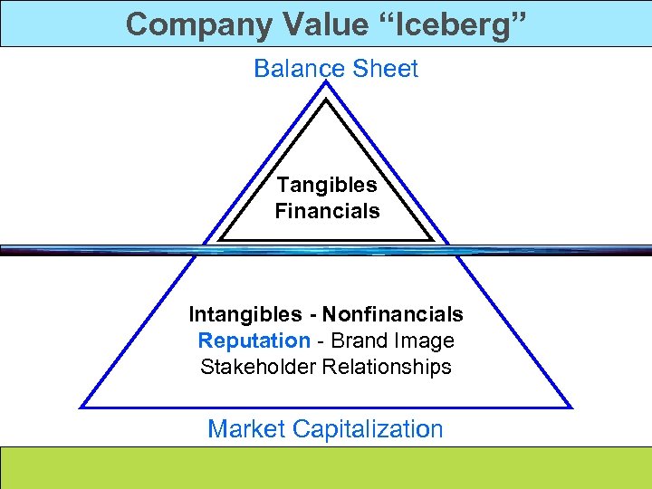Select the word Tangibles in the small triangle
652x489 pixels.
point(327,185)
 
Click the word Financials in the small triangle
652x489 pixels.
point(327,212)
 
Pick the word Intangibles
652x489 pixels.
point(245,314)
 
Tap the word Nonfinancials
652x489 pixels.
point(393,314)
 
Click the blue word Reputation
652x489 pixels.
point(254,340)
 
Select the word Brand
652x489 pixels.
point(364,340)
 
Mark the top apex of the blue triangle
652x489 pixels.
point(326,82)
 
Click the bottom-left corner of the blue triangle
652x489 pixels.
point(82,407)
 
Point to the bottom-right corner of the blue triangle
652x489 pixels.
point(570,407)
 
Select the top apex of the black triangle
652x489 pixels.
point(326,100)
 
